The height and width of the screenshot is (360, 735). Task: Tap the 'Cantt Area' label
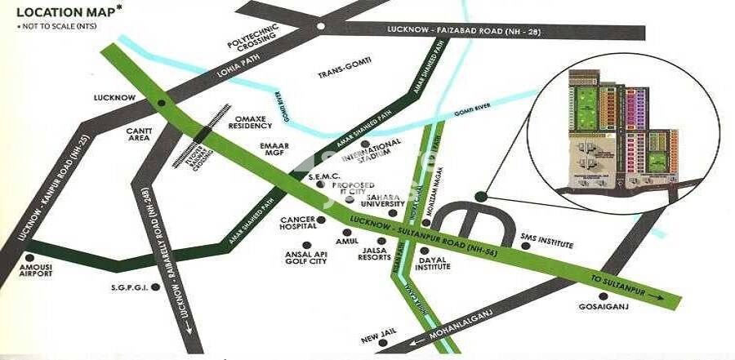136,135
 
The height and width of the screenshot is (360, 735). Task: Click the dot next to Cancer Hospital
322,220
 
